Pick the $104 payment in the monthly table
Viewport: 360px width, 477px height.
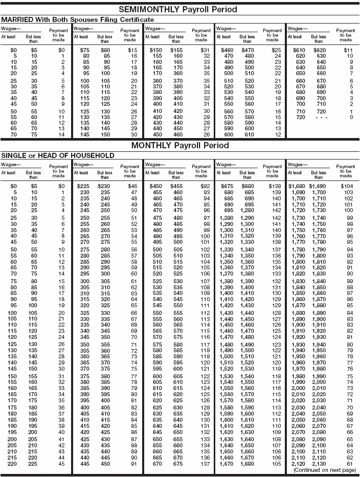coord(347,187)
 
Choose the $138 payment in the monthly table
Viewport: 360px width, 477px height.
coord(275,187)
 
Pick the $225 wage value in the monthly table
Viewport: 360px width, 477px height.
coord(83,187)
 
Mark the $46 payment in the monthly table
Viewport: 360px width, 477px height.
coord(133,187)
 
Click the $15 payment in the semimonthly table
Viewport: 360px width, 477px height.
coord(133,51)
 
